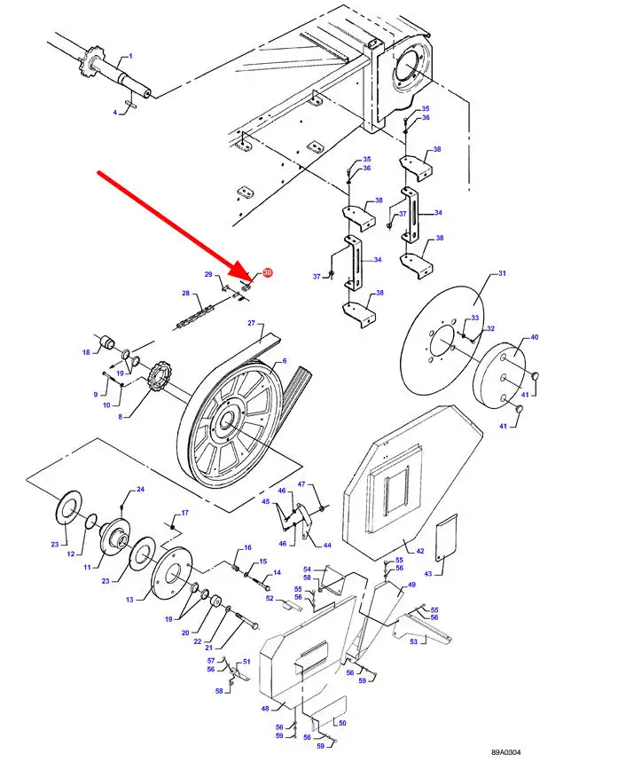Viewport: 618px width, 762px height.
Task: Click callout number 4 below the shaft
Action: pos(114,113)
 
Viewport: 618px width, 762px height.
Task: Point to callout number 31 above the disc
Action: pos(501,273)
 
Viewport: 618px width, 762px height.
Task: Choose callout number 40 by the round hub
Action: pos(535,337)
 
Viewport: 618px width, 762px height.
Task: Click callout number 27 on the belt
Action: pos(251,323)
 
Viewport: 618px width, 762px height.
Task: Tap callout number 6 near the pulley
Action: pos(284,362)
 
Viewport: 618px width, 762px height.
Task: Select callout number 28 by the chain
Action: pos(185,294)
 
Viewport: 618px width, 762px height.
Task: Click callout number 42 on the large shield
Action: pos(420,552)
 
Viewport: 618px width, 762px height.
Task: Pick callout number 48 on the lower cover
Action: pos(264,708)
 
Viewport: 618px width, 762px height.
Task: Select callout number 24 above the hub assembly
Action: pos(140,490)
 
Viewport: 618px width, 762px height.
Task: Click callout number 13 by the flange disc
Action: pos(129,600)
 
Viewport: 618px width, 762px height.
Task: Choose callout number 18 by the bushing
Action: pos(87,352)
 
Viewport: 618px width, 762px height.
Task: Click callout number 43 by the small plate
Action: pos(428,574)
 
